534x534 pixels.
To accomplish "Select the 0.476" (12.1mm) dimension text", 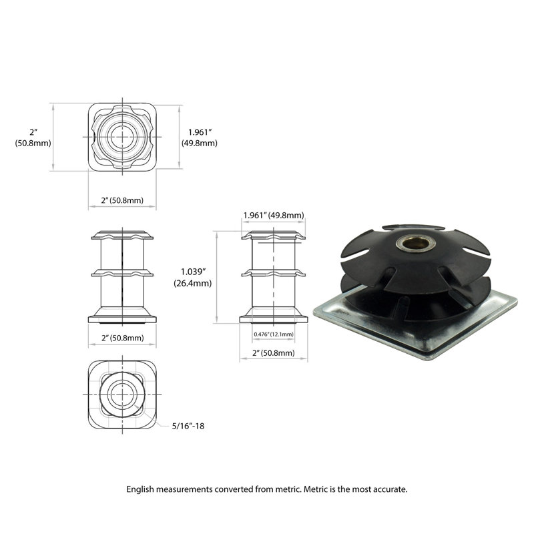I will [273, 334].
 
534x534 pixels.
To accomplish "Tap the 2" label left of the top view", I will [33, 131].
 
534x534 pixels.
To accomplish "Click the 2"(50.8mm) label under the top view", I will [122, 200].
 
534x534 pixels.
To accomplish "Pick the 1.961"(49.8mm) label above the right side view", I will [273, 215].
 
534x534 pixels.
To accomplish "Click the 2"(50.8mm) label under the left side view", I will [122, 338].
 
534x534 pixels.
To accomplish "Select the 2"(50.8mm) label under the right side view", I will [273, 352].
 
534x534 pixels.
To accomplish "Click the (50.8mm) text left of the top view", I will [33, 143].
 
